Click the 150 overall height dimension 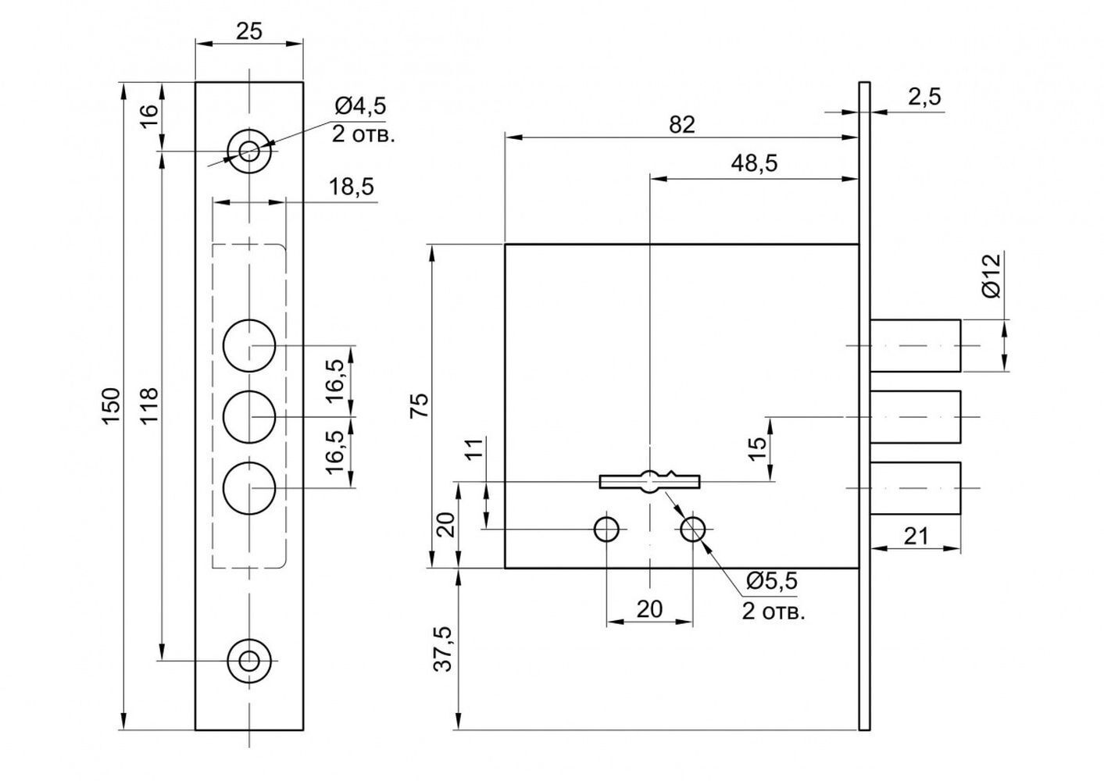tap(113, 405)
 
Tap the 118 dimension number tap(149, 405)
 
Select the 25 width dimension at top tap(249, 31)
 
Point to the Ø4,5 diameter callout tap(360, 106)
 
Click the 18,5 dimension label tap(352, 187)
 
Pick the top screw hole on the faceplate tap(249, 151)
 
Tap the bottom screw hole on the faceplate tap(249, 661)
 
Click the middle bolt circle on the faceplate tap(249, 417)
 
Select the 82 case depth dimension tap(682, 125)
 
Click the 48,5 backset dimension tap(754, 163)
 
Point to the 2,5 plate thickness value tap(924, 97)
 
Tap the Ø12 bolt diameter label tap(992, 276)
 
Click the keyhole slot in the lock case tap(649, 481)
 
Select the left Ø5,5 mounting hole tap(607, 530)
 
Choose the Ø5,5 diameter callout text tap(772, 580)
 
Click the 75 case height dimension tap(420, 405)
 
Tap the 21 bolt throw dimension tap(916, 536)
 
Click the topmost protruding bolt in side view tap(915, 345)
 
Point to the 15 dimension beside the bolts tap(758, 449)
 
